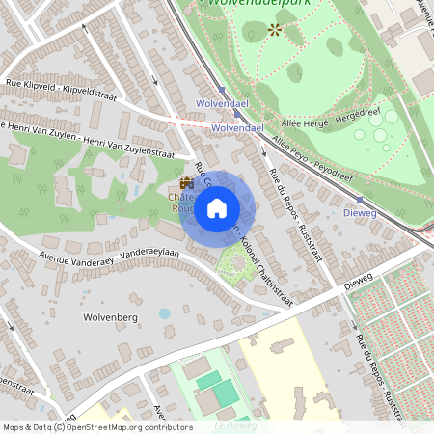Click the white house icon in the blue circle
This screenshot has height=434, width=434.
[x=217, y=207]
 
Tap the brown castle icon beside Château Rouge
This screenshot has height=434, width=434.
[x=186, y=183]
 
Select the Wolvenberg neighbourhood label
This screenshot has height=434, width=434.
[x=112, y=315]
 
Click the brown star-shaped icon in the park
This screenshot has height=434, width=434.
[x=274, y=30]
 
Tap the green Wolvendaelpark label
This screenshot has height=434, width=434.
[x=246, y=4]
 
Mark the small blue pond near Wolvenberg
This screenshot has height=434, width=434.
[x=164, y=313]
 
